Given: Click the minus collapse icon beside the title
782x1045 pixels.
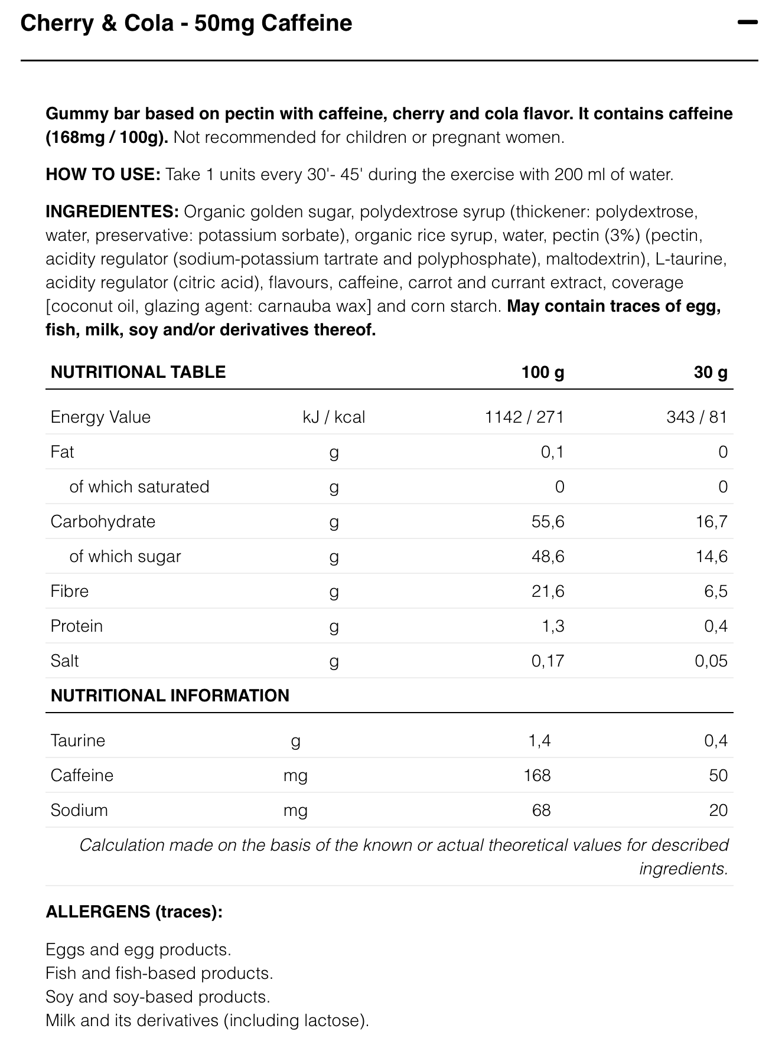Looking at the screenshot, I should [x=747, y=23].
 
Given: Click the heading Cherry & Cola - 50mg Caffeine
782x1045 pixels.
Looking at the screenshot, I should [x=186, y=23].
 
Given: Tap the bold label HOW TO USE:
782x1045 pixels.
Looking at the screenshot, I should [x=103, y=175].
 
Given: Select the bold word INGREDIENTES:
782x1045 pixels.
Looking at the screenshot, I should [x=112, y=211].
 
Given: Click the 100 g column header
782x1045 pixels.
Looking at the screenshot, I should [x=542, y=372].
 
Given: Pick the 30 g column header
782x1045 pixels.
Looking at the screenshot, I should [x=711, y=372].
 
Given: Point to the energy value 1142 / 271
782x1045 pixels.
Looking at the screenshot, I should [x=524, y=417].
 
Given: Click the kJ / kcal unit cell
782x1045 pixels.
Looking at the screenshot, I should [x=334, y=417].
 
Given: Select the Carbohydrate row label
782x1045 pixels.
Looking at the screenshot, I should [x=103, y=522].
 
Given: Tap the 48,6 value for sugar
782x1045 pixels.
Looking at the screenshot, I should [x=548, y=557].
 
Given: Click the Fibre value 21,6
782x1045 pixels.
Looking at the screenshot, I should [x=548, y=592].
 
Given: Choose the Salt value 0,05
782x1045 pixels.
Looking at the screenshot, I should [x=711, y=661].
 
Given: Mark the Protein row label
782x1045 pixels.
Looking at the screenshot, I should [x=77, y=626].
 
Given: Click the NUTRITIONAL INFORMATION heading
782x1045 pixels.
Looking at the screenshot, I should [x=170, y=695].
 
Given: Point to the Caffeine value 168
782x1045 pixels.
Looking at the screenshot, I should [x=537, y=776].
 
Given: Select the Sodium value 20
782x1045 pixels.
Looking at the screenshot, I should [x=718, y=811].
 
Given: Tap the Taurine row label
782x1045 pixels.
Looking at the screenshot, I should [x=78, y=741].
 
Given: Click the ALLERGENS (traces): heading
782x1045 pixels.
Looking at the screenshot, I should [x=134, y=912].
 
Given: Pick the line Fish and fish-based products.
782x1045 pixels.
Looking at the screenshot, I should [x=159, y=974].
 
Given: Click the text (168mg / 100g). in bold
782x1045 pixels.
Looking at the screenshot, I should [x=107, y=138].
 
